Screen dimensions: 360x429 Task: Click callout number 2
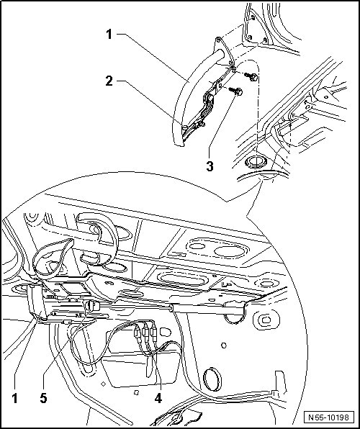[109, 81]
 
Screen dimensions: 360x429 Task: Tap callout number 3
[210, 166]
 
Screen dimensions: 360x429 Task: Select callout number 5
[43, 397]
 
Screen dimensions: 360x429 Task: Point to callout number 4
[158, 397]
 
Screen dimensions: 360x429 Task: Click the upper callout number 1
[109, 35]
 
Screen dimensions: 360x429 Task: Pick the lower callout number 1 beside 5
[15, 397]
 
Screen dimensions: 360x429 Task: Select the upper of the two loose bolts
[251, 76]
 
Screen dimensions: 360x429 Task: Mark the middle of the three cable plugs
[145, 332]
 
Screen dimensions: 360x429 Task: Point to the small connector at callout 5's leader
[92, 305]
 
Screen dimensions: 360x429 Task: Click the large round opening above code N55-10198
[212, 381]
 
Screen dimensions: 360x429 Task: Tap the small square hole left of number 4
[136, 392]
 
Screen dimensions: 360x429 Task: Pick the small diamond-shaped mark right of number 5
[103, 384]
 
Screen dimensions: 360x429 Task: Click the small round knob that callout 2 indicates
[185, 127]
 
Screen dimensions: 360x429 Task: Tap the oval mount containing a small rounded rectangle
[265, 320]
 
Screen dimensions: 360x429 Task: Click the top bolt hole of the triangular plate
[253, 18]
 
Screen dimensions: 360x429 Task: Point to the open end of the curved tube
[220, 53]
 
